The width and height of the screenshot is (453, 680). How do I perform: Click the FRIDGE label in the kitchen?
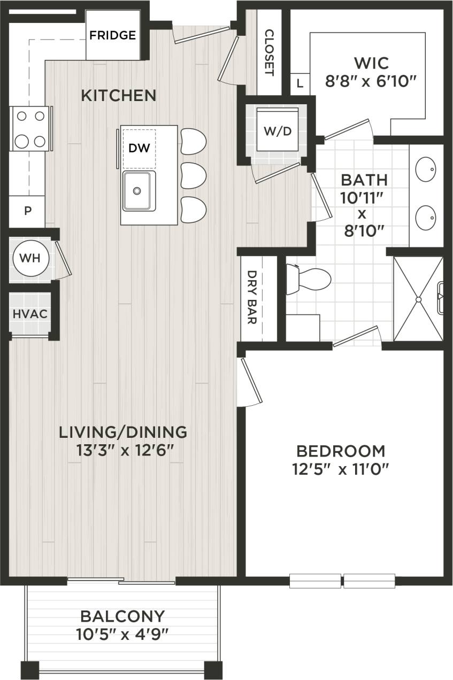point(112,36)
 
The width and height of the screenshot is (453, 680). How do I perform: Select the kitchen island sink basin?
point(139,191)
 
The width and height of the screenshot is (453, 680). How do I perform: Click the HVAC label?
point(30,313)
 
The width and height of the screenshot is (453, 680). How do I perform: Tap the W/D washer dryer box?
point(277,131)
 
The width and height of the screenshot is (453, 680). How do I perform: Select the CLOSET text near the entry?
point(268,52)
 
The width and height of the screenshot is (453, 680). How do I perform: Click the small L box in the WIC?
point(300,83)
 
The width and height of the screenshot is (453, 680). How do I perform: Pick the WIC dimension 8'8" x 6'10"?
point(371,82)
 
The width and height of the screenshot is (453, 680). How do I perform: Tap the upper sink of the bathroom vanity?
point(427,170)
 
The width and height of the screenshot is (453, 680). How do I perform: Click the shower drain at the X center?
point(418,299)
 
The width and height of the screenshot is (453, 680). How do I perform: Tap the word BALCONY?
point(122,616)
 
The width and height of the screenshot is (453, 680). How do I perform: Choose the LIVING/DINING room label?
point(123,431)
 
